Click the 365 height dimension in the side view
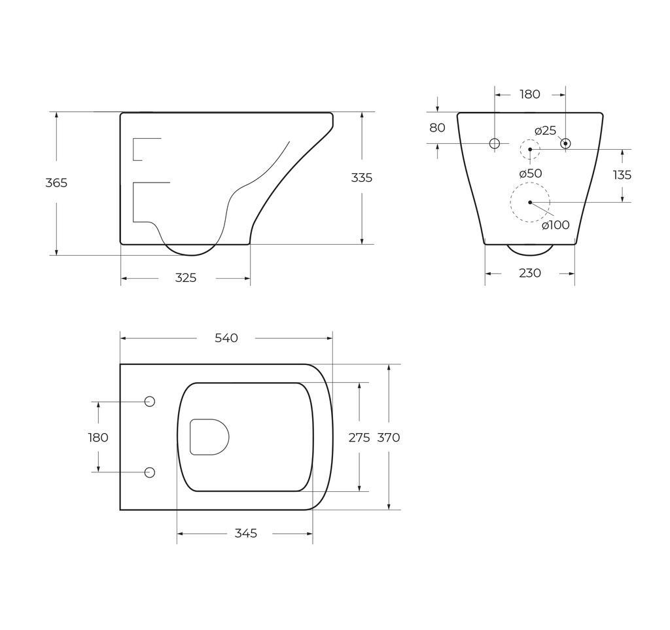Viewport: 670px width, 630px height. [56, 183]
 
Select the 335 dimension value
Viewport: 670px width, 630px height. [362, 177]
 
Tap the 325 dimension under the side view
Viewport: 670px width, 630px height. [186, 278]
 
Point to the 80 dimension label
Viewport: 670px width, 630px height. [437, 128]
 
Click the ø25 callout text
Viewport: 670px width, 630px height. [545, 131]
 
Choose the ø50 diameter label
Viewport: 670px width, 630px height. [530, 173]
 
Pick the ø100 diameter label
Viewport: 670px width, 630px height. [555, 225]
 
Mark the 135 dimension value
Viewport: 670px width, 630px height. [622, 175]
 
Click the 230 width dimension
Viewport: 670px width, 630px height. [530, 273]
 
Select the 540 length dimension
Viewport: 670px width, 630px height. [226, 338]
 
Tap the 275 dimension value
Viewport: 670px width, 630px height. [359, 438]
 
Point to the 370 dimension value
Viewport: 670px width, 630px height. [389, 438]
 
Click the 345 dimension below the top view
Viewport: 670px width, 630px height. [246, 533]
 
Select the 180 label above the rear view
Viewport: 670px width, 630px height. [530, 94]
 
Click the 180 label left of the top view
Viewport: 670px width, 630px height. [98, 438]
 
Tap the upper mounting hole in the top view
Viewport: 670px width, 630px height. [149, 402]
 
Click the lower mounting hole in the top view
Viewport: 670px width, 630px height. [149, 472]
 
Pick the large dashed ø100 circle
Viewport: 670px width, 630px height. [530, 202]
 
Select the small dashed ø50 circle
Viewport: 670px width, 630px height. [530, 149]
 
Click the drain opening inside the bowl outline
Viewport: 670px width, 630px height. [209, 436]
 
